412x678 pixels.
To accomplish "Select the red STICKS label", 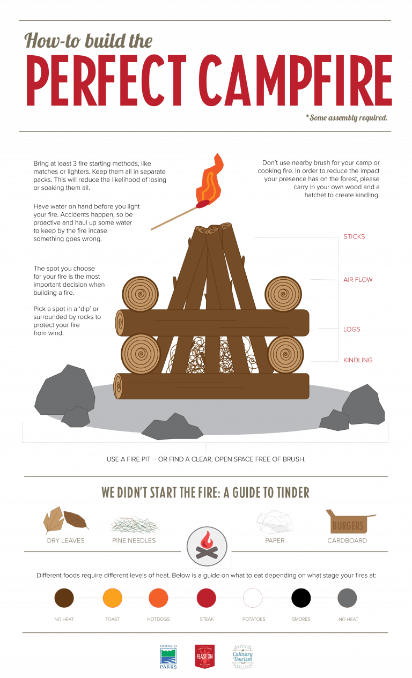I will click(354, 236).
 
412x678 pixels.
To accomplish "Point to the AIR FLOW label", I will click(358, 280).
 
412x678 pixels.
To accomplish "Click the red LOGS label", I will click(352, 329).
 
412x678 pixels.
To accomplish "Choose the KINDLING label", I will click(358, 360).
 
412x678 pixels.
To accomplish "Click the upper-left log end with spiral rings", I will click(140, 294).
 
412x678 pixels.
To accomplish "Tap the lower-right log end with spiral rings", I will click(285, 354).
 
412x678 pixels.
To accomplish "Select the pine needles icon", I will click(134, 523).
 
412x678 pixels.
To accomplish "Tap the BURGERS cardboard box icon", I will click(349, 523).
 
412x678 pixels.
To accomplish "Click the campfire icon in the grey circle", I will click(206, 546).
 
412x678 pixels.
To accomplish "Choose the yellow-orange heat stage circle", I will click(112, 598).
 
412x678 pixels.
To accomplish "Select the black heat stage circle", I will click(300, 598).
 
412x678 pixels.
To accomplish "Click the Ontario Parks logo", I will click(168, 657).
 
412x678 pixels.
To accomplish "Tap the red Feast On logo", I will click(204, 657).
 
